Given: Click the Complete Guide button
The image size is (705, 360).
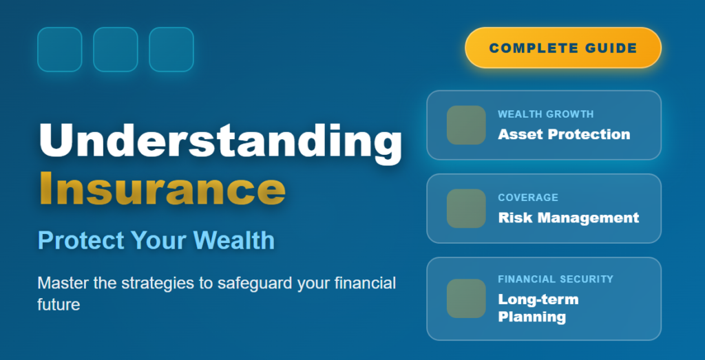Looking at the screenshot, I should pyautogui.click(x=562, y=48).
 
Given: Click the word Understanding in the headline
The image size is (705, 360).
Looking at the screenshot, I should pyautogui.click(x=220, y=140).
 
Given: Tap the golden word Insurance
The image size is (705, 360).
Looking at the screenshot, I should pyautogui.click(x=162, y=188).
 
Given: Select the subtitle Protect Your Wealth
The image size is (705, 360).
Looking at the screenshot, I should pyautogui.click(x=156, y=240).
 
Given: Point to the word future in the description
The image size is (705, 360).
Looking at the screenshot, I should pyautogui.click(x=59, y=304).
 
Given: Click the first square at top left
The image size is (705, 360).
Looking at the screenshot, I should pyautogui.click(x=60, y=50).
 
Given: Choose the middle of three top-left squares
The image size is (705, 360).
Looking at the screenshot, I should pyautogui.click(x=116, y=50).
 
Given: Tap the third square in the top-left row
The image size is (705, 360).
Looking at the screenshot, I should pyautogui.click(x=171, y=50).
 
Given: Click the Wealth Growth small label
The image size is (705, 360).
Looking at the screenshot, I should pyautogui.click(x=545, y=114).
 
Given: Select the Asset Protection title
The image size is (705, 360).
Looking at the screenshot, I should pyautogui.click(x=564, y=134).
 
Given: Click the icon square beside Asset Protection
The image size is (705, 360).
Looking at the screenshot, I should pyautogui.click(x=466, y=125).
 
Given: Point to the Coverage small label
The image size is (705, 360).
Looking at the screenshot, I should pyautogui.click(x=528, y=198).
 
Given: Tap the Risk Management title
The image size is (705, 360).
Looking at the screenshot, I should pyautogui.click(x=568, y=218).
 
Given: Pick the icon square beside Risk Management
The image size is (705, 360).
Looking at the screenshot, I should pyautogui.click(x=466, y=209).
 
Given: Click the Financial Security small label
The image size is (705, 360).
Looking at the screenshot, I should pyautogui.click(x=555, y=279).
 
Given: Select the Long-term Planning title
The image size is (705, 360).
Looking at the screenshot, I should pyautogui.click(x=538, y=308).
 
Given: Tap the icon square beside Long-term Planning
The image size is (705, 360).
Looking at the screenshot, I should pyautogui.click(x=466, y=298).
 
